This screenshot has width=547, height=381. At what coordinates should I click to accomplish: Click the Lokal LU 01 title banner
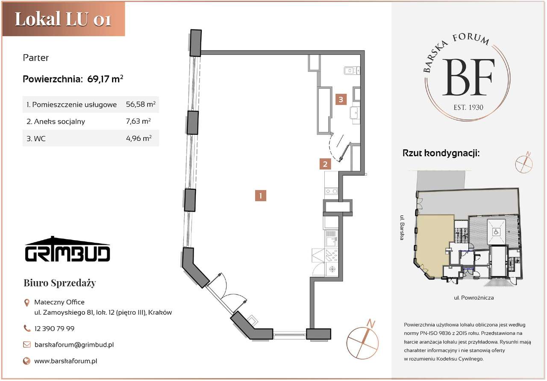point(63,19)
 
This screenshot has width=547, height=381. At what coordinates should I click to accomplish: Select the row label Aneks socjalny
point(56,122)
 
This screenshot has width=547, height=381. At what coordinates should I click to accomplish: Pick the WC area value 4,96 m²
point(138,138)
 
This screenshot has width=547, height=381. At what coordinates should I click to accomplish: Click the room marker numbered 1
point(261,196)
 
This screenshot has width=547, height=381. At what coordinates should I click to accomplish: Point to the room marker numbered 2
point(325,164)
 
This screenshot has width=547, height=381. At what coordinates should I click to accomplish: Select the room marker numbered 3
point(341,100)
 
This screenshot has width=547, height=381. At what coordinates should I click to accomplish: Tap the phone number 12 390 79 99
point(54,329)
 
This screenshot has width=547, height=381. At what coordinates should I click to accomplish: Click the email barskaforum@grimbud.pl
point(74,345)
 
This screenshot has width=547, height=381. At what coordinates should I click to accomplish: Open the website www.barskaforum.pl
point(65,361)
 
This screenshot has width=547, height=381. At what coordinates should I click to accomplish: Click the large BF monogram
point(468,77)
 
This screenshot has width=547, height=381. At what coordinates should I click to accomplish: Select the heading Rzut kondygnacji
point(441,153)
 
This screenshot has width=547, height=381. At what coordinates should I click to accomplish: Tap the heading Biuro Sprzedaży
point(59,283)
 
